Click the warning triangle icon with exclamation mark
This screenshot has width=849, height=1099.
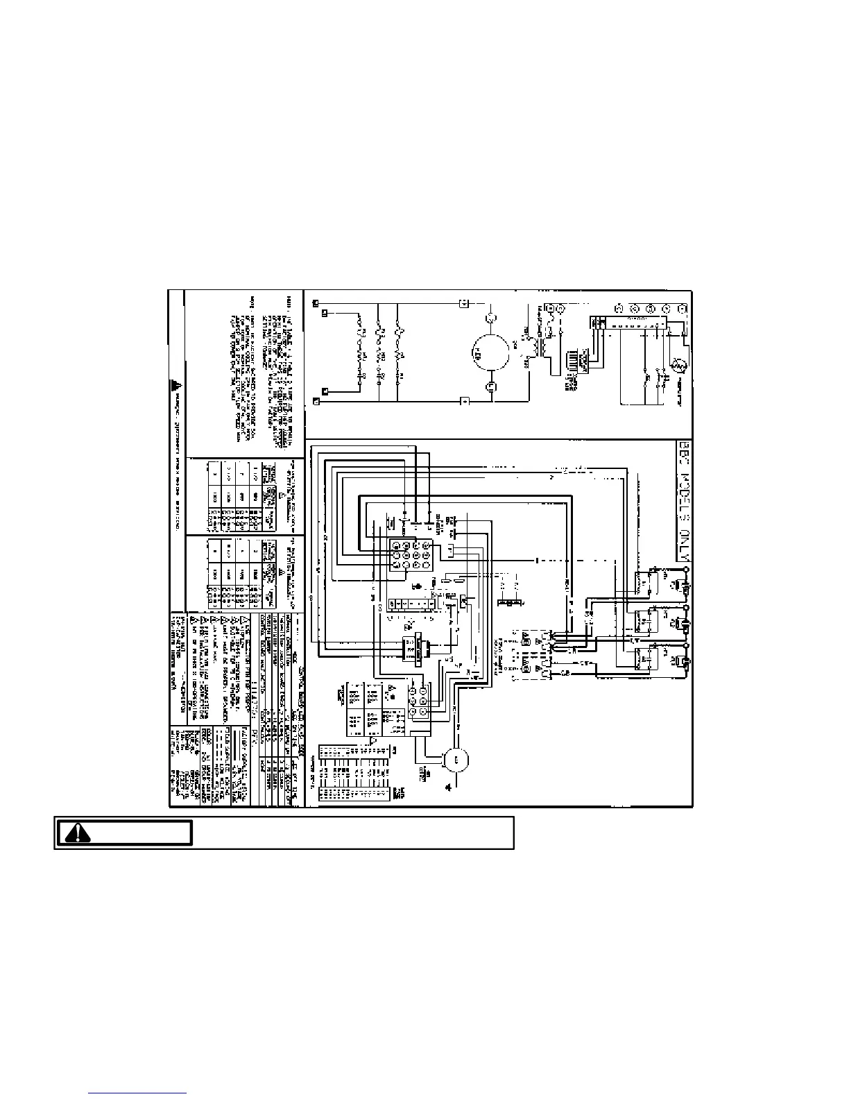pyautogui.click(x=78, y=833)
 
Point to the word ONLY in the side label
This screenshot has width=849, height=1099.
pyautogui.click(x=683, y=545)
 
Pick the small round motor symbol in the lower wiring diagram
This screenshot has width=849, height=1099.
pyautogui.click(x=456, y=760)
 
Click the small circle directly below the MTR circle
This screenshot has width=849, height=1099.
pyautogui.click(x=490, y=386)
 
